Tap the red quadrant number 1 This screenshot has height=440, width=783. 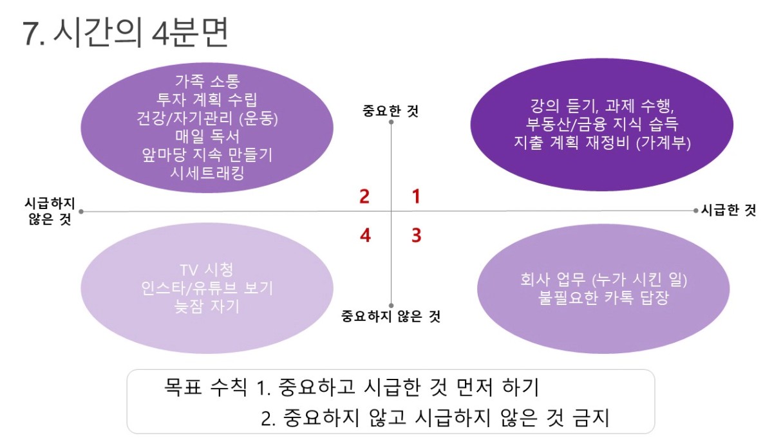pyautogui.click(x=417, y=196)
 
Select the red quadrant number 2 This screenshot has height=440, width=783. pyautogui.click(x=364, y=196)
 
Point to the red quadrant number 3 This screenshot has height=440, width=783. pyautogui.click(x=417, y=235)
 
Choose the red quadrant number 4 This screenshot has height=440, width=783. pyautogui.click(x=365, y=235)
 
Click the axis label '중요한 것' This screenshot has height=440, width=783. pyautogui.click(x=391, y=111)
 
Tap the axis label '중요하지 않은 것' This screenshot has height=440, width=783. pyautogui.click(x=391, y=316)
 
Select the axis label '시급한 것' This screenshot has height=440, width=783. pyautogui.click(x=728, y=210)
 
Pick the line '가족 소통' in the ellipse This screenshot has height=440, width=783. pyautogui.click(x=207, y=82)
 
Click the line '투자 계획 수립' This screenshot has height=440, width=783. pyautogui.click(x=207, y=100)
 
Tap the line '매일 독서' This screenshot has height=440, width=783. pyautogui.click(x=207, y=136)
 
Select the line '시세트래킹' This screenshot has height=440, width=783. pyautogui.click(x=207, y=172)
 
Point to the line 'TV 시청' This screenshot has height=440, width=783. pyautogui.click(x=207, y=270)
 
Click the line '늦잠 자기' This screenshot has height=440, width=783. pyautogui.click(x=207, y=306)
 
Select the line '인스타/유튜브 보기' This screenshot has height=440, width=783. pyautogui.click(x=207, y=288)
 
